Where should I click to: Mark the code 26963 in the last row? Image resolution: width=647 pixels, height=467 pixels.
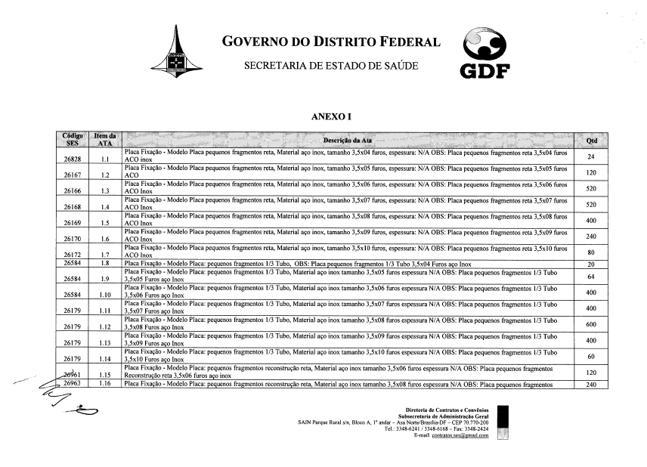pyautogui.click(x=73, y=384)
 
